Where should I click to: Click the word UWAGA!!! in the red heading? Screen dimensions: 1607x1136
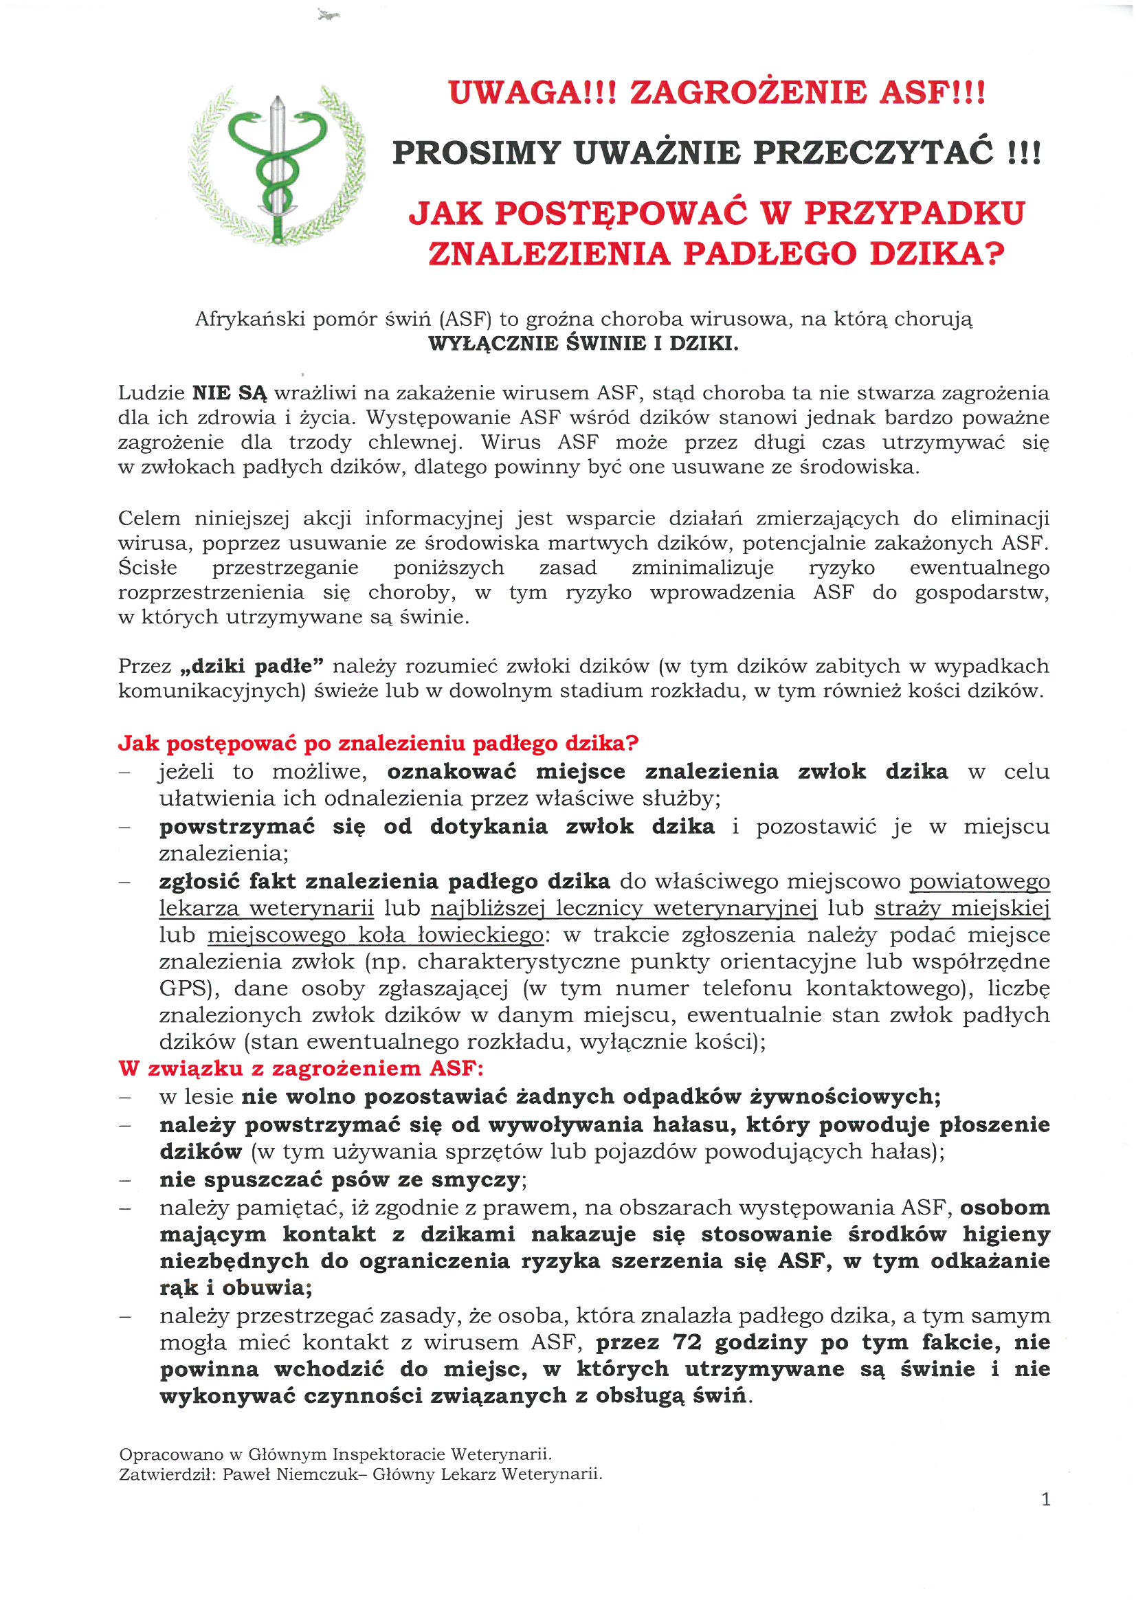pyautogui.click(x=532, y=92)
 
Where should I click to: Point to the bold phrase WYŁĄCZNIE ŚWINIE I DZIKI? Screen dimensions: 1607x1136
pyautogui.click(x=583, y=344)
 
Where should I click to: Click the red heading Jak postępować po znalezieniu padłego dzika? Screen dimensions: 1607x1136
pyautogui.click(x=378, y=742)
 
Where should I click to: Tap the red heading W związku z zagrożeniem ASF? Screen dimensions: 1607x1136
pyautogui.click(x=301, y=1068)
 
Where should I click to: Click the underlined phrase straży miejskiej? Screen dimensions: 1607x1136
pyautogui.click(x=961, y=908)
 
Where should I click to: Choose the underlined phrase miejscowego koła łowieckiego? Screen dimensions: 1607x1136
pyautogui.click(x=375, y=934)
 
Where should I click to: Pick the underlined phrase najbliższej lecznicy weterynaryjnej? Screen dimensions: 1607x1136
pyautogui.click(x=623, y=908)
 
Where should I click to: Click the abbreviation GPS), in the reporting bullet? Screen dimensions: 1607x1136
pyautogui.click(x=185, y=988)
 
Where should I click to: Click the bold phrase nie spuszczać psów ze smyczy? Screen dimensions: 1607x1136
pyautogui.click(x=340, y=1179)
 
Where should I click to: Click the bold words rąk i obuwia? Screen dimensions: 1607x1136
pyautogui.click(x=236, y=1287)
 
